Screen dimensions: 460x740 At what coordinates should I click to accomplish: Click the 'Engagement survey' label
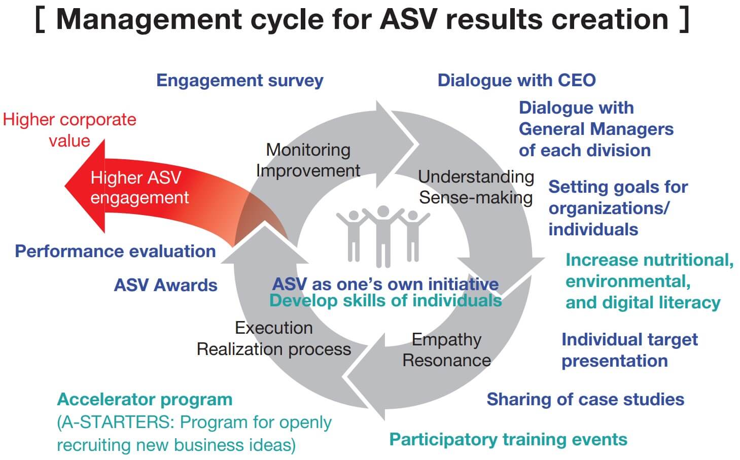[x=239, y=81]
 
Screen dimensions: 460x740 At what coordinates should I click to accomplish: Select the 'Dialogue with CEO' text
[x=516, y=80]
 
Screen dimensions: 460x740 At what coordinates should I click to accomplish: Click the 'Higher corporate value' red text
[x=69, y=130]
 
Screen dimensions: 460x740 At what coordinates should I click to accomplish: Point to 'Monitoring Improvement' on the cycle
[x=308, y=160]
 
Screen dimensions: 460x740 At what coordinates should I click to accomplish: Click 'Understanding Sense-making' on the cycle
[x=476, y=187]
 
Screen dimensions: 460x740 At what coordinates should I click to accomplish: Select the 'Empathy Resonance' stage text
[x=446, y=350]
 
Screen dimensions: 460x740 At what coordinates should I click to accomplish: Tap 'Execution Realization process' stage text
[x=273, y=339]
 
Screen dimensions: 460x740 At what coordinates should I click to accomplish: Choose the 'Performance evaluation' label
[x=115, y=251]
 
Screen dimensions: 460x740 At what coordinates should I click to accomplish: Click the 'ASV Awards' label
[x=165, y=285]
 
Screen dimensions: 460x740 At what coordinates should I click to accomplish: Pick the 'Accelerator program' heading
[x=145, y=400]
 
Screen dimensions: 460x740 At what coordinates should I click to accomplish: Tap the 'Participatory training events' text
[x=508, y=439]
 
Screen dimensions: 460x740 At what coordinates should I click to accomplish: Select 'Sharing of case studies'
[x=585, y=400]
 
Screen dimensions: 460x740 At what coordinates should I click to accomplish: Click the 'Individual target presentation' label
[x=629, y=350]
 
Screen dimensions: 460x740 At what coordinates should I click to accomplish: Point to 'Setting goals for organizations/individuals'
[x=618, y=208]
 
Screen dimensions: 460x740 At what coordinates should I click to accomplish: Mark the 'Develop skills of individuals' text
[x=385, y=301]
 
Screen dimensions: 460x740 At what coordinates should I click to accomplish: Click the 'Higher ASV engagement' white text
[x=139, y=187]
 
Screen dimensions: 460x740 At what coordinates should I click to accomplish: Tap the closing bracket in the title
[x=684, y=19]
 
